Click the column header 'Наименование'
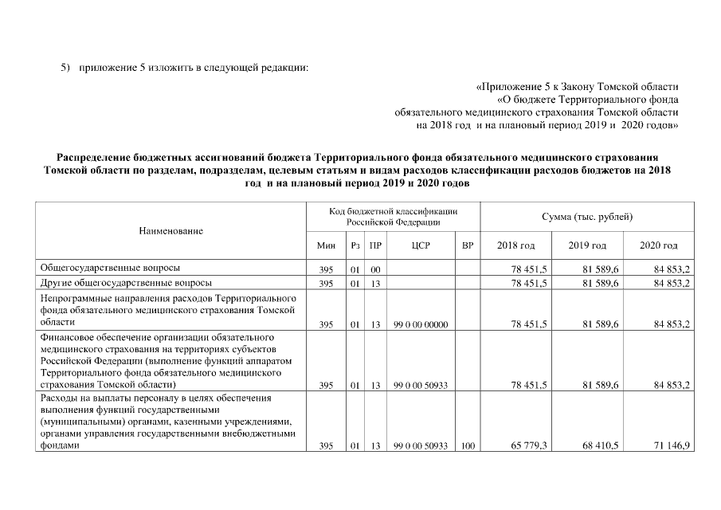[171, 230]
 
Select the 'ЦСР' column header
[421, 245]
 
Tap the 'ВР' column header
[468, 245]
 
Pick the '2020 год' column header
[658, 245]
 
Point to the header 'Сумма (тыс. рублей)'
[587, 217]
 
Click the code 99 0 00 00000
[421, 324]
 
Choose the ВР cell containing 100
[468, 447]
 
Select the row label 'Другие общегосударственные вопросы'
[126, 283]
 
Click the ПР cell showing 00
[374, 269]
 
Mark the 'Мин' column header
[326, 245]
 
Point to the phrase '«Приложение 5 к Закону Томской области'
[577, 86]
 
